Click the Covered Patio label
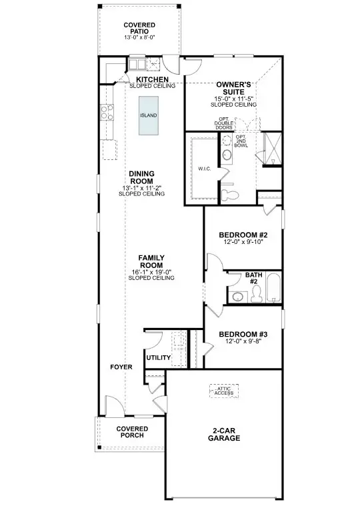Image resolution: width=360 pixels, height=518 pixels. (139, 28)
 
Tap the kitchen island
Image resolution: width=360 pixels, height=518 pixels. (148, 115)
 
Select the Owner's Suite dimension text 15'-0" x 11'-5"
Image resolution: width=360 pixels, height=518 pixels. (233, 99)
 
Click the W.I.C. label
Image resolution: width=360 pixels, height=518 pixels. (205, 169)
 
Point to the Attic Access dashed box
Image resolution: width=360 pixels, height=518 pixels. (224, 391)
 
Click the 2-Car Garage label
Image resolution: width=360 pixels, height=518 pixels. (224, 435)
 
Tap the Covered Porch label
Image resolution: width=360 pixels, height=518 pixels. (132, 432)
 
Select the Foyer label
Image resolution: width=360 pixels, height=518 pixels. (121, 367)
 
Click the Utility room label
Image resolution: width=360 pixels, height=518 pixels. (159, 357)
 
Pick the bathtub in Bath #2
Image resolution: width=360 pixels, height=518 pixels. (273, 287)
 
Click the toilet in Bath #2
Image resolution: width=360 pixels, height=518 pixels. (256, 294)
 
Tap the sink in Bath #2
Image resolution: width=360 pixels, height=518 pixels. (237, 296)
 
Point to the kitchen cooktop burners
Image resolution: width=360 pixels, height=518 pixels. (107, 111)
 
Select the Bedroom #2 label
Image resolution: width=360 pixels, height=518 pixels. (243, 235)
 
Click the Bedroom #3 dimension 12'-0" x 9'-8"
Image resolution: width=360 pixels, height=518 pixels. (243, 341)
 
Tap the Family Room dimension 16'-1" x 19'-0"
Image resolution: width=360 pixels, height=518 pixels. (151, 272)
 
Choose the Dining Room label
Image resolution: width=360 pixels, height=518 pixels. (142, 177)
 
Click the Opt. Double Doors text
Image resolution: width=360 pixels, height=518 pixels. (224, 123)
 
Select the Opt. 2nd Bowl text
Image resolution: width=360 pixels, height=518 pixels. (241, 141)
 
